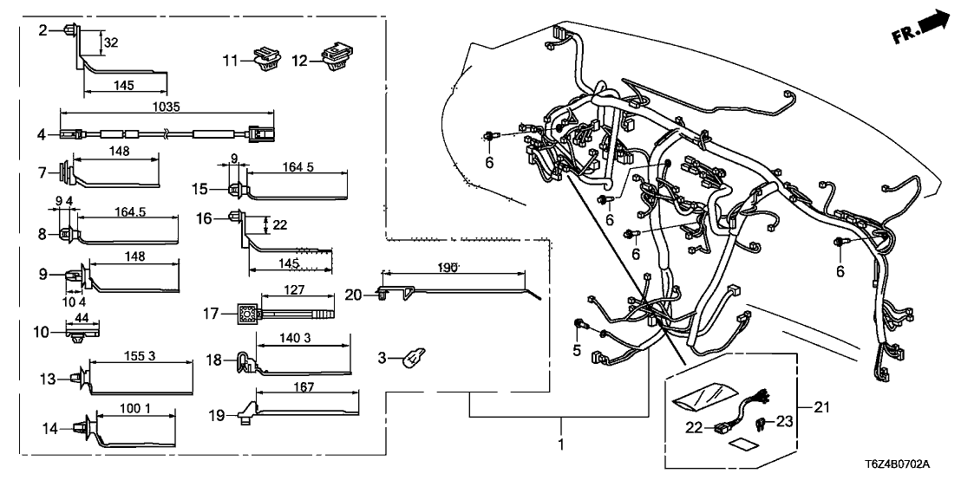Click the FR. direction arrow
922,27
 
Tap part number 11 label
229,60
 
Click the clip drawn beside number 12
333,55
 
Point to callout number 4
41,134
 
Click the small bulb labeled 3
414,357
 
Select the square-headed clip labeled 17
245,313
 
